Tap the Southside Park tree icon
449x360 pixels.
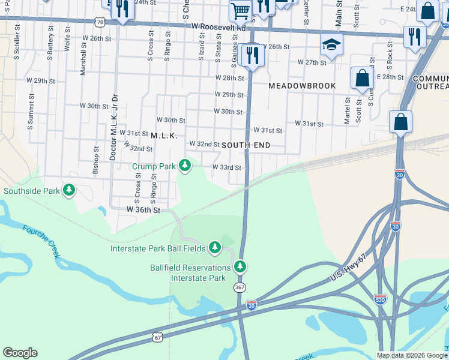tap(70, 190)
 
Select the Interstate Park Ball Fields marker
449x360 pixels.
tap(215, 247)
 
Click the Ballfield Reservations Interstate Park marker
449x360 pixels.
tap(240, 265)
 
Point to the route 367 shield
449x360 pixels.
tap(240, 288)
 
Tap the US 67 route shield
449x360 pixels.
tap(157, 338)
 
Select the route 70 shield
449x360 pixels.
tap(100, 22)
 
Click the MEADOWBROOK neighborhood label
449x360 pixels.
tap(302, 86)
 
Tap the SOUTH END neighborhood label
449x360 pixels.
tap(246, 145)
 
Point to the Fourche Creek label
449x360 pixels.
tap(41, 241)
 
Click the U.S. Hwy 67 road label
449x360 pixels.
tap(357, 268)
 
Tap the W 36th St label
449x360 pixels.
tap(143, 210)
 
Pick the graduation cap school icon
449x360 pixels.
tap(331, 44)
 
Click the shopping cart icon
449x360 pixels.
tap(240, 10)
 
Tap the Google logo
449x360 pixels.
tap(20, 353)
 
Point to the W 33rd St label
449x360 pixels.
tap(226, 167)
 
